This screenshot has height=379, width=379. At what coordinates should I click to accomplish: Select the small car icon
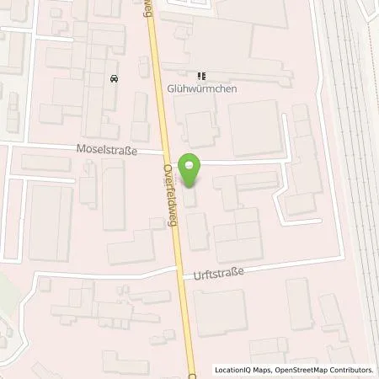coord(113,79)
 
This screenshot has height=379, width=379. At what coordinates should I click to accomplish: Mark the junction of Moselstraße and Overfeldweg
coord(166,154)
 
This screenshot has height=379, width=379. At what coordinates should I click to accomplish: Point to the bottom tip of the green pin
coord(192,187)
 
